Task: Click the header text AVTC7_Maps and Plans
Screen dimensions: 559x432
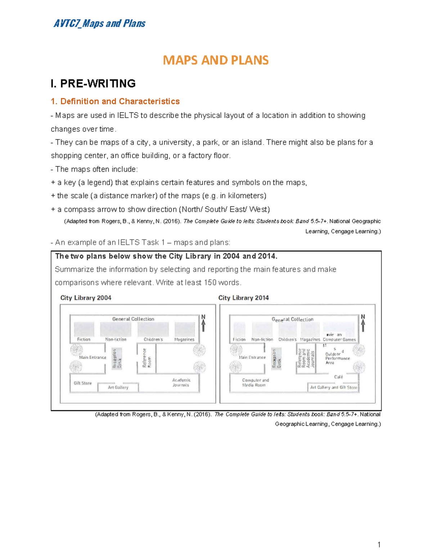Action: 99,24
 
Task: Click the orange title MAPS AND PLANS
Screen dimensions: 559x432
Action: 216,60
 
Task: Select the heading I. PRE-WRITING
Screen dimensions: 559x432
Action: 93,84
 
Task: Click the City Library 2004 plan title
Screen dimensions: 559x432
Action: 86,298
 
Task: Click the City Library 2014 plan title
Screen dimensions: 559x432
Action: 243,298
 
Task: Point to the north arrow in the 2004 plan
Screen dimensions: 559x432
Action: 203,323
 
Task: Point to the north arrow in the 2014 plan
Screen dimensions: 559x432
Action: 363,323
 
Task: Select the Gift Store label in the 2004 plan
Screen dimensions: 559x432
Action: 83,383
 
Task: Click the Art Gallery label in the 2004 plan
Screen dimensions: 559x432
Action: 118,387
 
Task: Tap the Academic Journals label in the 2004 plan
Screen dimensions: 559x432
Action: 181,382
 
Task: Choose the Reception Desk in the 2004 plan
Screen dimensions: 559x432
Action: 117,359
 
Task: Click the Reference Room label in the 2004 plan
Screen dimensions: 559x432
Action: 147,358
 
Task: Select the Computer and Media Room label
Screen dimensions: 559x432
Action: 255,382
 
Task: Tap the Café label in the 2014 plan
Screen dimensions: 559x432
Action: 338,377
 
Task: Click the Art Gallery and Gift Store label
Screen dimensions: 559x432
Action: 333,387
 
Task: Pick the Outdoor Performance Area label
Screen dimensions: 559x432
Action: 337,358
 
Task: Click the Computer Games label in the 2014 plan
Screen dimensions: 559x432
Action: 339,339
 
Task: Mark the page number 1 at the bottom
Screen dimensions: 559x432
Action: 379,545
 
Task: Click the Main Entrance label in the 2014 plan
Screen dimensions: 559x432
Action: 252,357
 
